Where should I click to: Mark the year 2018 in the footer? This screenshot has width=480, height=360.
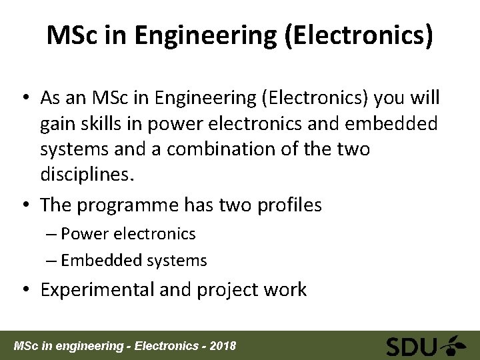click(x=222, y=347)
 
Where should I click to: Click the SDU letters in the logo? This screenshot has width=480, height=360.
click(x=412, y=346)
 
